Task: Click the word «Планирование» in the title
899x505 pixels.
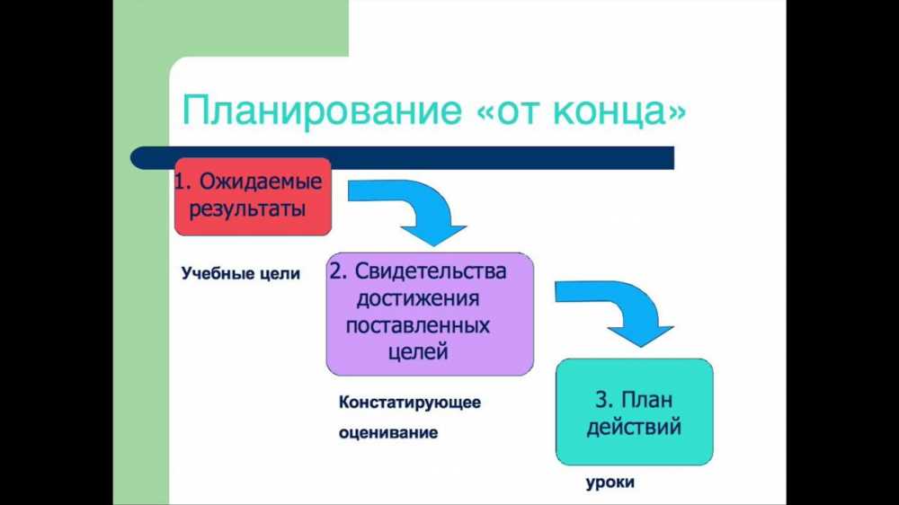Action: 322,110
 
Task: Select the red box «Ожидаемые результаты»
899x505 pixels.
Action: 253,197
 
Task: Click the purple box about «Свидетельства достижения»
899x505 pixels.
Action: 430,315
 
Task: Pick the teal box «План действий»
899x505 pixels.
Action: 634,412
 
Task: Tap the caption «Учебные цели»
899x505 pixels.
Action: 241,273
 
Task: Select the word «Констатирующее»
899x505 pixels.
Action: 410,403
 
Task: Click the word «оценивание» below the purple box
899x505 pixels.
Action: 388,432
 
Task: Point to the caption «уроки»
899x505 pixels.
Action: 610,482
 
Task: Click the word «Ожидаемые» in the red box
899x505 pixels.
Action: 261,182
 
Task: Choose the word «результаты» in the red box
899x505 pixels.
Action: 247,208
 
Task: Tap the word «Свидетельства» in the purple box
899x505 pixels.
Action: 431,271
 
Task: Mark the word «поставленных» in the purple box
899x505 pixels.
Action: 417,325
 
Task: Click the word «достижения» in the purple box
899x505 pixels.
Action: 418,298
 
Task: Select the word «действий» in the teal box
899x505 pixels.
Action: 634,427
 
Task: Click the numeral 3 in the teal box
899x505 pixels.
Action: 601,400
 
